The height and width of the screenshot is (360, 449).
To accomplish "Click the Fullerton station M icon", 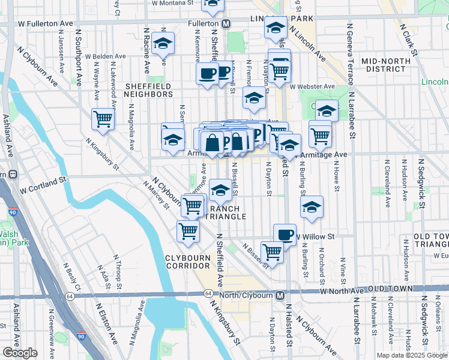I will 226,23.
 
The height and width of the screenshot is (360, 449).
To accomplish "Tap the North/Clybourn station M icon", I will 280,295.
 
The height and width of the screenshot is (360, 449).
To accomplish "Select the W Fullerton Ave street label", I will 45,23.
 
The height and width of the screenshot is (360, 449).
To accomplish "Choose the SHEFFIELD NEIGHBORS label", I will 148,90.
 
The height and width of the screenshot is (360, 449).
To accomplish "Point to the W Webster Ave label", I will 311,86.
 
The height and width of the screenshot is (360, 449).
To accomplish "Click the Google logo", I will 20,353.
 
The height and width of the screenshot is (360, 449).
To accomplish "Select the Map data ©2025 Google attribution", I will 411,355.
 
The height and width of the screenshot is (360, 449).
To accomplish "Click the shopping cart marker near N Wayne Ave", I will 103,118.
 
